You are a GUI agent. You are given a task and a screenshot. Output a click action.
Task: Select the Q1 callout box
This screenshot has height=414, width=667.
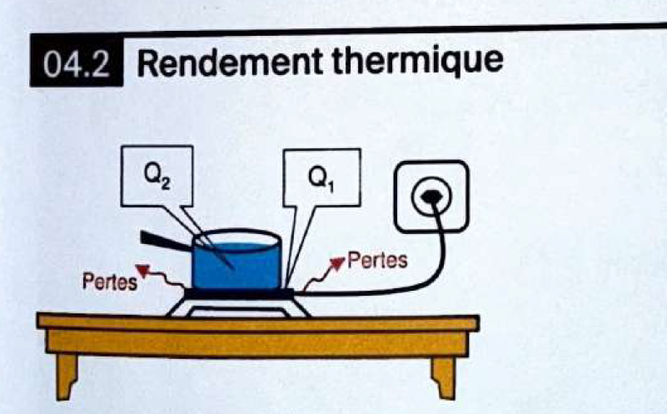tap(322, 177)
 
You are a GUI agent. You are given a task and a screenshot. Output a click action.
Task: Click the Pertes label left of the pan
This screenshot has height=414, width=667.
tap(109, 282)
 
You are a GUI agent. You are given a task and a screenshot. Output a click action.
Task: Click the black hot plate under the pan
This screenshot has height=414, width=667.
tap(239, 293)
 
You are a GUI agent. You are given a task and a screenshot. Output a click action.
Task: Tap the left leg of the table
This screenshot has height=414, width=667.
tap(66, 373)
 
